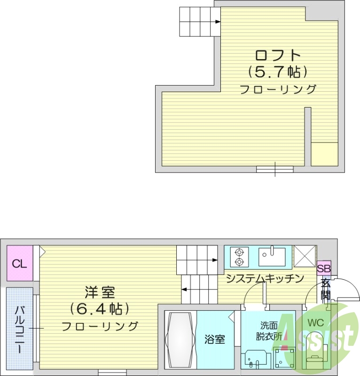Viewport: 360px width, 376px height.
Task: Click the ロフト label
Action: [x=278, y=55]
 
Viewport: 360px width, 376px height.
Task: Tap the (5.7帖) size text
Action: [x=278, y=72]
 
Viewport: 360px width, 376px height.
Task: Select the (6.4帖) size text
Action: [x=100, y=309]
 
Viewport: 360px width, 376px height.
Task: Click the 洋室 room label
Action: [x=100, y=293]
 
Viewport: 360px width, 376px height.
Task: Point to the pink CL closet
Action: [x=20, y=264]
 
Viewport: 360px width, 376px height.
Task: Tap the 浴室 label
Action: [x=215, y=339]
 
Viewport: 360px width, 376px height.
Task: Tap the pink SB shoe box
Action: [x=324, y=269]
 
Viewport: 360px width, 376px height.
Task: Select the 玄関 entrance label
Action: [x=325, y=289]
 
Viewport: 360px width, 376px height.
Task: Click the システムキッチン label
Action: [x=264, y=279]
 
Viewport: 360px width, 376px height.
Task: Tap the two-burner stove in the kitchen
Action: [x=239, y=256]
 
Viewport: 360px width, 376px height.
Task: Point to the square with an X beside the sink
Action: [x=304, y=256]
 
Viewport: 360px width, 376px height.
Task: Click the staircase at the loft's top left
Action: [x=199, y=22]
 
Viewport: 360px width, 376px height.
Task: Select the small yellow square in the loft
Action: [x=325, y=154]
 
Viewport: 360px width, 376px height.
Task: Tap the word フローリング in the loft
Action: [x=278, y=89]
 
